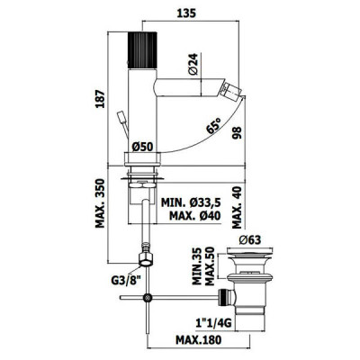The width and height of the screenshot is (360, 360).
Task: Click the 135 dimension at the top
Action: coord(186,13)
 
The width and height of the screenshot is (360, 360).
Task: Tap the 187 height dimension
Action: coord(100,99)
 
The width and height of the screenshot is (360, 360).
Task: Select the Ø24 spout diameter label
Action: coord(193,64)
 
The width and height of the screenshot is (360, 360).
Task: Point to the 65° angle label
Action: coord(213,126)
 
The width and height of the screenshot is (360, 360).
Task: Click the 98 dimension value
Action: coord(237,133)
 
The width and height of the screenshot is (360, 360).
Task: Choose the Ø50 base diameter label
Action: coord(142,147)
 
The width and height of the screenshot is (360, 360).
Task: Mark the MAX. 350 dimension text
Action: coord(100,203)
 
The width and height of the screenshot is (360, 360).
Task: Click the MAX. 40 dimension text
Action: coord(237,207)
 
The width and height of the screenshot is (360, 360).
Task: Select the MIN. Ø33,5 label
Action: coord(191,202)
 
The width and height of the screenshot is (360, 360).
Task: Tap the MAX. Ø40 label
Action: coord(195,215)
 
